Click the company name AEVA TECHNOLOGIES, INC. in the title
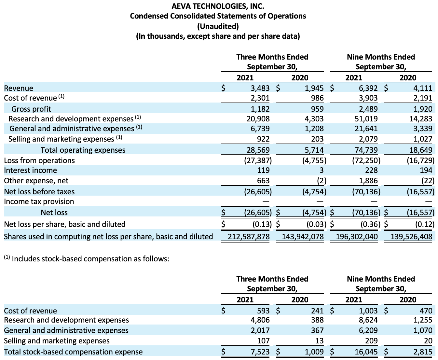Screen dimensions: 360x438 [x=218, y=6]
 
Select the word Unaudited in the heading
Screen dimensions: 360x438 [x=218, y=26]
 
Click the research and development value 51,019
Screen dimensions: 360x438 [x=366, y=119]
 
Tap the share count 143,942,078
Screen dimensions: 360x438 [x=300, y=237]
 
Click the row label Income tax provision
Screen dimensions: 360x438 [x=39, y=201]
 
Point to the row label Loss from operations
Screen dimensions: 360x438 [x=39, y=160]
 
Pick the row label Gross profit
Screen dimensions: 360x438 [x=31, y=109]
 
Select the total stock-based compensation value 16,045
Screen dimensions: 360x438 [x=366, y=352]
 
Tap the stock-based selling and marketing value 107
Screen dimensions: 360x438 [x=263, y=341]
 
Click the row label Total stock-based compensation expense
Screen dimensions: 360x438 [x=73, y=352]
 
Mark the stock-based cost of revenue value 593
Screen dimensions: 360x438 [x=263, y=311]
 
